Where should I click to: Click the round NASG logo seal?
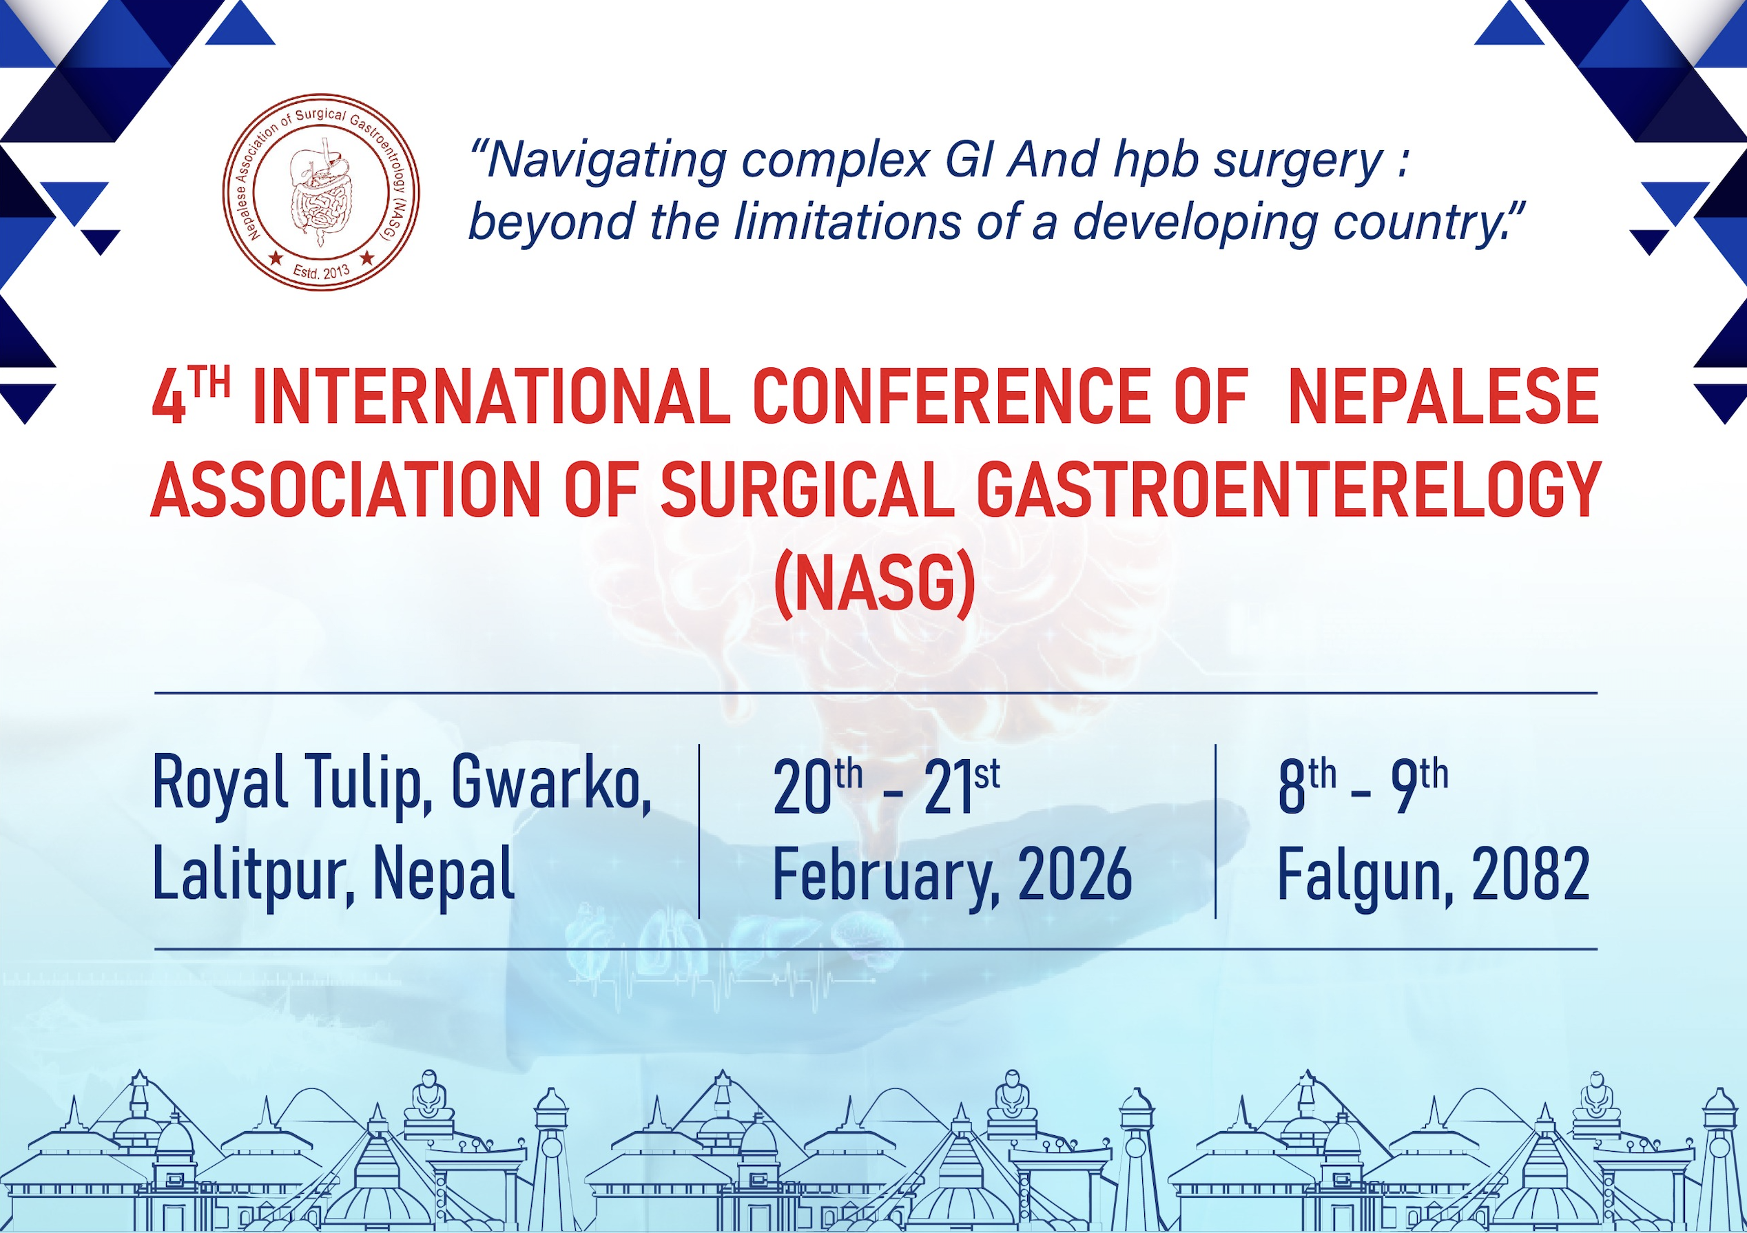point(320,192)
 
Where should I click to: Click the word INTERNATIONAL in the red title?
point(492,397)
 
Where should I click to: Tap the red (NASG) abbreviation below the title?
point(874,586)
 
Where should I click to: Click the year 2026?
point(1075,875)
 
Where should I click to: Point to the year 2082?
point(1530,875)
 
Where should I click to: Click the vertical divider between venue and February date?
point(699,831)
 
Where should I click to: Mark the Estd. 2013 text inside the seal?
point(320,271)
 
